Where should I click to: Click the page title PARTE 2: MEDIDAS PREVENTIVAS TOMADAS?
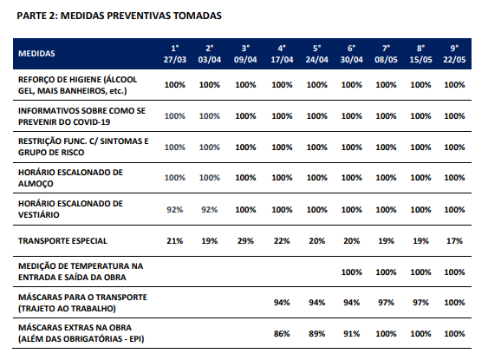120,16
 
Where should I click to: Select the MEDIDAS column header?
36,54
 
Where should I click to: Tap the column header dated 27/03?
175,54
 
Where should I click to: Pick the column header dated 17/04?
282,54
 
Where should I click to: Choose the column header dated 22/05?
454,54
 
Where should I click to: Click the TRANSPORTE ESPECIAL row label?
62,241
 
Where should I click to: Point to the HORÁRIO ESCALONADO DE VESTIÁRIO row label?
71,209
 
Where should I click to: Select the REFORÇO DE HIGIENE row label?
77,85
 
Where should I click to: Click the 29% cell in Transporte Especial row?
245,241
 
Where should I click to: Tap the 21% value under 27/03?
175,241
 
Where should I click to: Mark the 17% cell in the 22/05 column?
454,241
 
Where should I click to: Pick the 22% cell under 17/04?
282,241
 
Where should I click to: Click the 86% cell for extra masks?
282,333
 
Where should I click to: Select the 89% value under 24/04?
317,333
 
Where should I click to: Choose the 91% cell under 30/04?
352,333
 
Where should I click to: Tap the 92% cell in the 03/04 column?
210,210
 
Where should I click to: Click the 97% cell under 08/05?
387,303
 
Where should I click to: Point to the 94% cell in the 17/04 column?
282,303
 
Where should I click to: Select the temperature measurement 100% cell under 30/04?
352,272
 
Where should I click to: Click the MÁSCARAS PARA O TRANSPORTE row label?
83,303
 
